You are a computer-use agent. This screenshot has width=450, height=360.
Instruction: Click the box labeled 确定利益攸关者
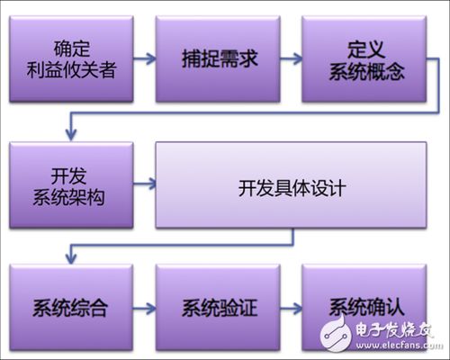pos(71,59)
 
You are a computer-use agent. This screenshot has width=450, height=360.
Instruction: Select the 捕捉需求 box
pos(218,59)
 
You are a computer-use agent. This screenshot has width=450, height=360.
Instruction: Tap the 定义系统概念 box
pos(364,59)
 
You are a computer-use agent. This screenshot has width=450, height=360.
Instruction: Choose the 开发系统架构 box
pos(71,185)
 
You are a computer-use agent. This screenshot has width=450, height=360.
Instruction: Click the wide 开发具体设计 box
pos(291,185)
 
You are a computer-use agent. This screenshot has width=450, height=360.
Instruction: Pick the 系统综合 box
pos(71,308)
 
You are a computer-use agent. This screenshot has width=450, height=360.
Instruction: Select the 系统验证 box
pos(218,308)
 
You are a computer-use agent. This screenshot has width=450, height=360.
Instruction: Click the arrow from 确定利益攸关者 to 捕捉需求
pos(145,58)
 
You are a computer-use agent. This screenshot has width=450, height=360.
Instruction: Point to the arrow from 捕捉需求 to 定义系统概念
pos(291,58)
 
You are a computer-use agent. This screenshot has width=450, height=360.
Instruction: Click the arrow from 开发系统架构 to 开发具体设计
pos(145,184)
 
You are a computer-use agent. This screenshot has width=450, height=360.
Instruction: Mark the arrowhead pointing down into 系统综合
pos(71,258)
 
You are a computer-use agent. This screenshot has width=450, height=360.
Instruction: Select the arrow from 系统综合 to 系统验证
pos(145,309)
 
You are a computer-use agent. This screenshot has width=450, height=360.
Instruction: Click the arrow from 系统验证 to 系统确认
pos(291,309)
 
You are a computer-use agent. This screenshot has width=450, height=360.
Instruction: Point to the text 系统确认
pos(366,307)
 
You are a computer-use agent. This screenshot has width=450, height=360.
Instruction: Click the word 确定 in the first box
pos(71,49)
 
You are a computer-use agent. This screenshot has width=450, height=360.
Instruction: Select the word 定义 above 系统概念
pos(366,49)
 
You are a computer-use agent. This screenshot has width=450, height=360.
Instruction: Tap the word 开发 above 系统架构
pos(68,175)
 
